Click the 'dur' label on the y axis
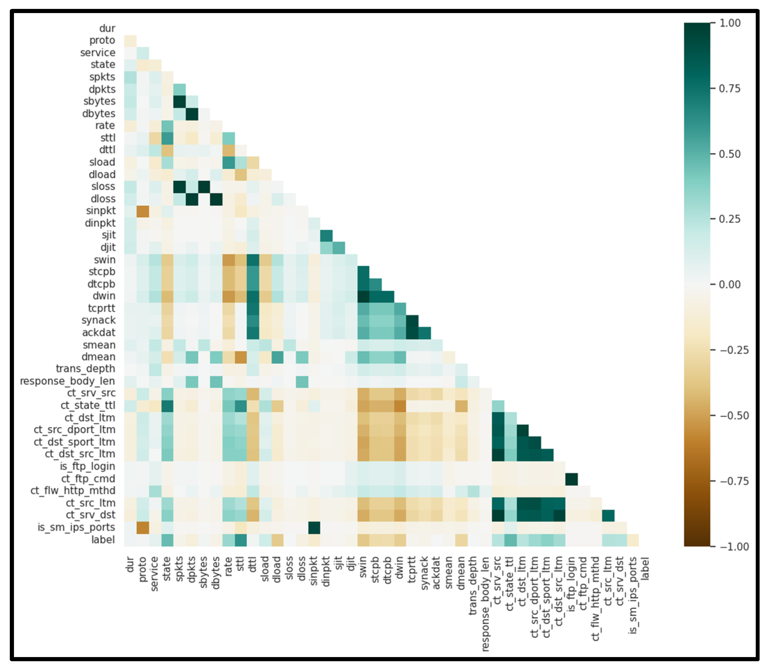click(107, 28)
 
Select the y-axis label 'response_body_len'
click(67, 381)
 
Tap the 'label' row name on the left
click(103, 540)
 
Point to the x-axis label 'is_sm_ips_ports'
click(633, 595)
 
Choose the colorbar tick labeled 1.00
click(730, 23)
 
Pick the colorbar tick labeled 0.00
click(730, 285)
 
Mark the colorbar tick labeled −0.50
click(734, 416)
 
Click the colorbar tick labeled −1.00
click(734, 546)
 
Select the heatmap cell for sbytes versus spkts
click(179, 101)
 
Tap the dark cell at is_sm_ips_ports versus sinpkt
click(314, 528)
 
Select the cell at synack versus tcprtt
click(412, 321)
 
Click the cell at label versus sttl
click(241, 540)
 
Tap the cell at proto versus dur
click(130, 40)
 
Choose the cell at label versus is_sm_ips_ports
click(633, 540)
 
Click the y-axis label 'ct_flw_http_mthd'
click(73, 491)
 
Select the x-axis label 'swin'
click(363, 567)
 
